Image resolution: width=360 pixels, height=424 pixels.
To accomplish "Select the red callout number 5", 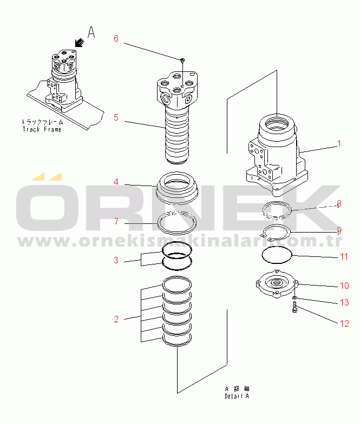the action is (115, 117).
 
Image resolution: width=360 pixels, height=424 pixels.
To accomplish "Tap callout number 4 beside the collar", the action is (115, 182).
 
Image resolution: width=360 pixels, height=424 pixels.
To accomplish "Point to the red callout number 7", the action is (115, 221).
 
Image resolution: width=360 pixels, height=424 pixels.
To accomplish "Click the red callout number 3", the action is (115, 261).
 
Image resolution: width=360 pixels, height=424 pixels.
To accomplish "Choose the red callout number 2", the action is (115, 320).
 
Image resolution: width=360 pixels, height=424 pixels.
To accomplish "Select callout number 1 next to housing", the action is (339, 144).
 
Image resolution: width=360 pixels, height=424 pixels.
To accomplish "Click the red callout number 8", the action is (339, 203).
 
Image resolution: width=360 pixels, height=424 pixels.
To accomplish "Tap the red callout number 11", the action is (344, 256).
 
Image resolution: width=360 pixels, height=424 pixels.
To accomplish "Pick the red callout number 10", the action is (344, 285).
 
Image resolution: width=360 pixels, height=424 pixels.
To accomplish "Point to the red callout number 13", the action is (344, 303).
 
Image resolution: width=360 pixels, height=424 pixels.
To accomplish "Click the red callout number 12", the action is (344, 324).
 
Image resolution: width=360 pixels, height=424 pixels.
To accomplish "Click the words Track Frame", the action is (42, 130).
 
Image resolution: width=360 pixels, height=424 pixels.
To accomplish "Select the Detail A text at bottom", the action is (237, 396).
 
